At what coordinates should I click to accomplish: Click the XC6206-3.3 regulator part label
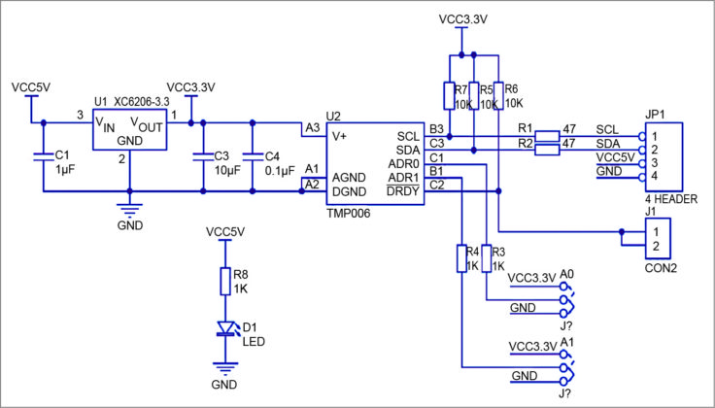point(141,102)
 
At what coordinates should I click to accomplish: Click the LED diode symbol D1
point(226,328)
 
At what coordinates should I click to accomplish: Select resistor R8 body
point(226,282)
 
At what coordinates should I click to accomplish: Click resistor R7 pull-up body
point(449,96)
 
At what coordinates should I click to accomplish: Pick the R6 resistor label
point(512,89)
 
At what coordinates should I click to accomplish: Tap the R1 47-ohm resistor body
point(547,135)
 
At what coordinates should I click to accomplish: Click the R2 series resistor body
point(547,149)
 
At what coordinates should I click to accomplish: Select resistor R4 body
point(462,258)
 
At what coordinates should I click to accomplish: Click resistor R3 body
point(486,258)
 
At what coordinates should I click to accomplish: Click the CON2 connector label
point(661,266)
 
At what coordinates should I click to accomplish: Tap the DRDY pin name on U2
point(402,191)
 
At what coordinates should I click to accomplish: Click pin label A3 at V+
point(312,127)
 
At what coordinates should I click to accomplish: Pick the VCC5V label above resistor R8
point(225,232)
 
